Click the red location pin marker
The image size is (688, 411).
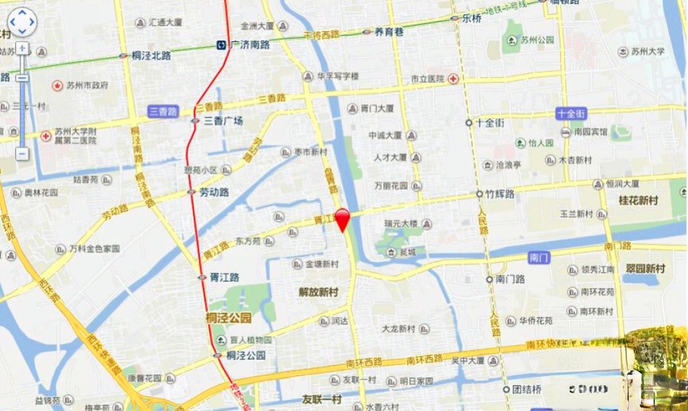click(x=343, y=218)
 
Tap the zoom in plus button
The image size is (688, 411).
click(x=22, y=48)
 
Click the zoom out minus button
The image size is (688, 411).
click(x=22, y=153)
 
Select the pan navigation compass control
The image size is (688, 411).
click(x=22, y=22)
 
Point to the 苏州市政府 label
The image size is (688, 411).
click(x=87, y=86)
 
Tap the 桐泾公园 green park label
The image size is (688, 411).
click(x=229, y=318)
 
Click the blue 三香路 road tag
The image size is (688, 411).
click(x=163, y=111)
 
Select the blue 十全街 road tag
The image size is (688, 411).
click(x=571, y=113)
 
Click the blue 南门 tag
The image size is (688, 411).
click(x=539, y=258)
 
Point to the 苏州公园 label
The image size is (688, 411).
click(x=537, y=41)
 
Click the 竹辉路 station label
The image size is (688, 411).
click(x=499, y=195)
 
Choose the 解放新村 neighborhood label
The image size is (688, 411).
click(x=319, y=292)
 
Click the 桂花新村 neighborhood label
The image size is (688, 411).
click(x=638, y=201)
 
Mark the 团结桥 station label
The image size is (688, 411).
click(x=526, y=389)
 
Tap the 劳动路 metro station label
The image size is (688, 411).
click(x=213, y=192)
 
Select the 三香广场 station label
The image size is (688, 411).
click(x=223, y=121)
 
